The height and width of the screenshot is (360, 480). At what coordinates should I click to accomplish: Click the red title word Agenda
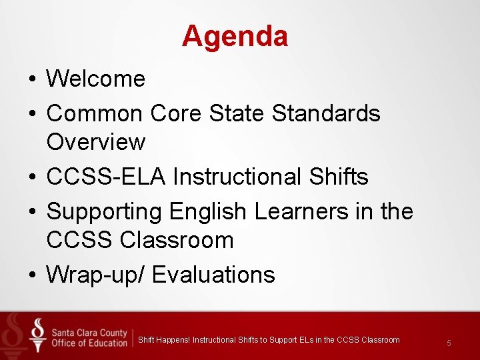pos(235,36)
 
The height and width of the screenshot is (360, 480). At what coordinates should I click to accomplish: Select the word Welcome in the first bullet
pos(95,79)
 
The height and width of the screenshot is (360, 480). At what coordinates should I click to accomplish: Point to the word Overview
pos(95,142)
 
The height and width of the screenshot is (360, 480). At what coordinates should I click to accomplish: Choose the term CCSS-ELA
pos(106,177)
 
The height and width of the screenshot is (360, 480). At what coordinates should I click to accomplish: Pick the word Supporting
pos(104,211)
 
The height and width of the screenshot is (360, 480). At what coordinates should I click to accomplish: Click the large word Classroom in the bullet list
pos(177,240)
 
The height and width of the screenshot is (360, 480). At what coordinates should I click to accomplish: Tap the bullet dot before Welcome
pos(32,79)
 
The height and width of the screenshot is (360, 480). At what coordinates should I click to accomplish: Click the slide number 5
pos(449,343)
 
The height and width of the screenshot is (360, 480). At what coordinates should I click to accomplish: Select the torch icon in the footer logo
pos(39,333)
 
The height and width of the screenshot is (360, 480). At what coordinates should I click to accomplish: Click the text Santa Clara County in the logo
pos(89,331)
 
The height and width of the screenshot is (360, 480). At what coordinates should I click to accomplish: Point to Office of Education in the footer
pos(89,343)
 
